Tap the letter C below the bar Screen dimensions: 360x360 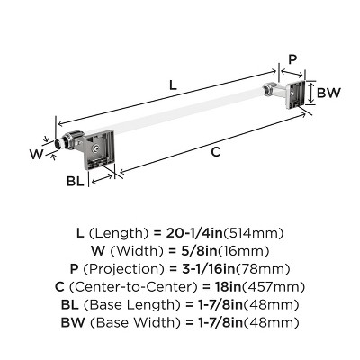pos(216,152)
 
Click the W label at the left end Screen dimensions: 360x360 pos(36,153)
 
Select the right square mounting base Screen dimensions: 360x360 pos(291,94)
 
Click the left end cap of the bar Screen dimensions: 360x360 pos(60,143)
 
